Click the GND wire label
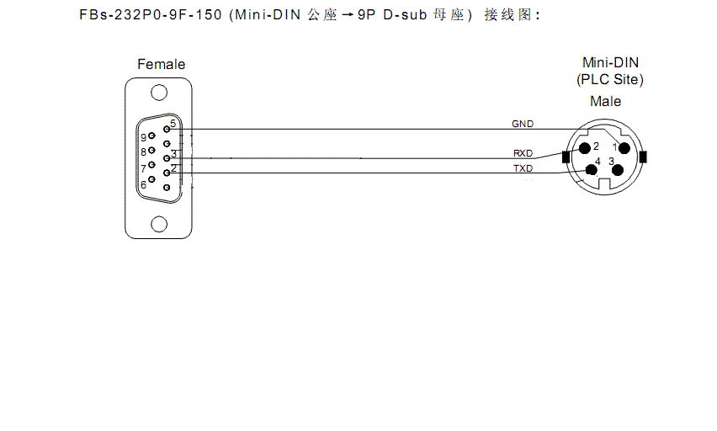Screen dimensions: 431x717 pyautogui.click(x=523, y=124)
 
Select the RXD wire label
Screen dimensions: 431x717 pyautogui.click(x=523, y=153)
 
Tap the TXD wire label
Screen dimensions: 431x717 pyautogui.click(x=523, y=168)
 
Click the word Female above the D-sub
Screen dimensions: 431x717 pyautogui.click(x=161, y=64)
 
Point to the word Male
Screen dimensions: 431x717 pyautogui.click(x=605, y=101)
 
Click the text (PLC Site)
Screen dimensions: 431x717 pyautogui.click(x=609, y=80)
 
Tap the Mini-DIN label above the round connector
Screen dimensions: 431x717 pyautogui.click(x=610, y=62)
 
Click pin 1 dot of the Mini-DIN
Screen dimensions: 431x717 pyautogui.click(x=624, y=149)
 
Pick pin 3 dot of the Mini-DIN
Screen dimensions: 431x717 pyautogui.click(x=618, y=170)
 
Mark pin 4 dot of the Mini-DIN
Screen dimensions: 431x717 pyautogui.click(x=591, y=169)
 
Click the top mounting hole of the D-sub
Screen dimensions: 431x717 pyautogui.click(x=159, y=95)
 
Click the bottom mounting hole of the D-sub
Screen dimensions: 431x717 pyautogui.click(x=159, y=224)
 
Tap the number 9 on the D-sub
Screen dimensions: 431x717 pyautogui.click(x=144, y=137)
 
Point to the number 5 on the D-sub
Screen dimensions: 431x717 pyautogui.click(x=173, y=124)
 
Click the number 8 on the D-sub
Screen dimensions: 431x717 pyautogui.click(x=143, y=152)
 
